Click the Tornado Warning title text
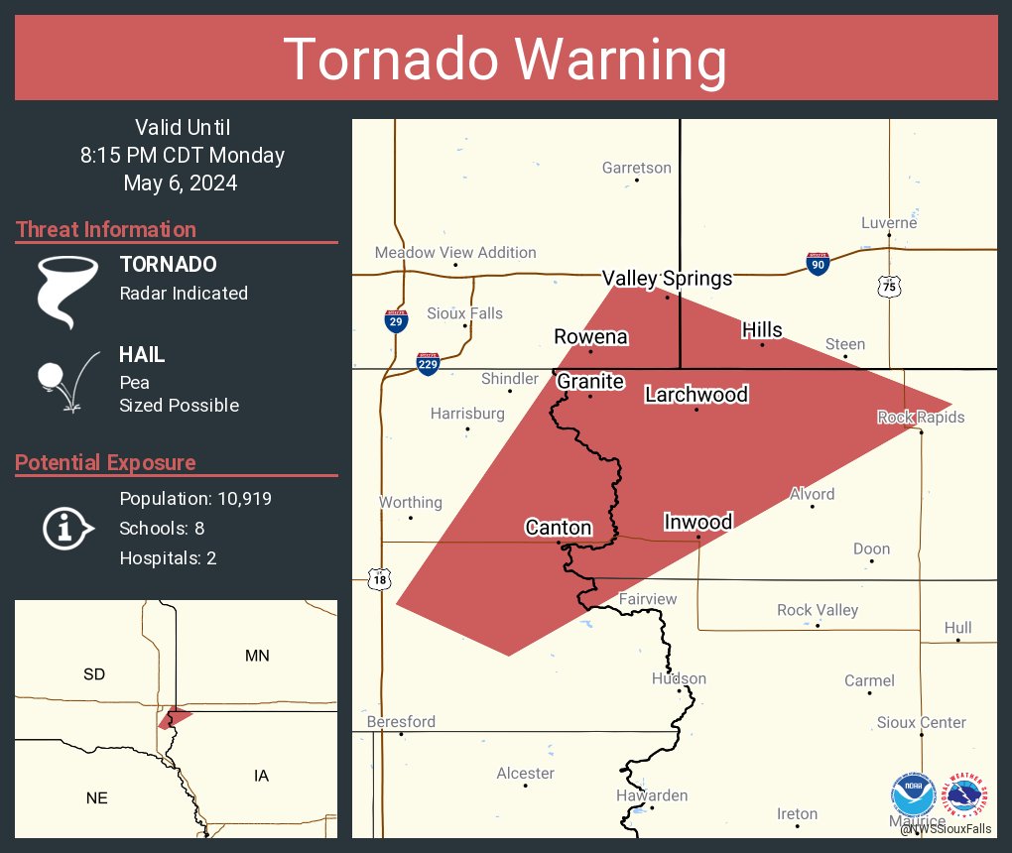tap(505, 60)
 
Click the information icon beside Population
tap(66, 528)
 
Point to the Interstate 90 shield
tap(817, 264)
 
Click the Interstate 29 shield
tap(395, 320)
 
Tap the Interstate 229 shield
tap(428, 364)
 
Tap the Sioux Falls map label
tap(464, 313)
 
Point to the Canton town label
tap(558, 528)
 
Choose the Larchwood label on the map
tap(696, 395)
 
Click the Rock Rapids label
tap(921, 418)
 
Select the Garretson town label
tap(636, 168)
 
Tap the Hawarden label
tap(651, 795)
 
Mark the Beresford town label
tap(401, 721)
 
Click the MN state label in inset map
tap(256, 656)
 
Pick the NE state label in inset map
tap(96, 798)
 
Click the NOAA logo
tap(913, 795)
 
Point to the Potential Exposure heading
tap(105, 462)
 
